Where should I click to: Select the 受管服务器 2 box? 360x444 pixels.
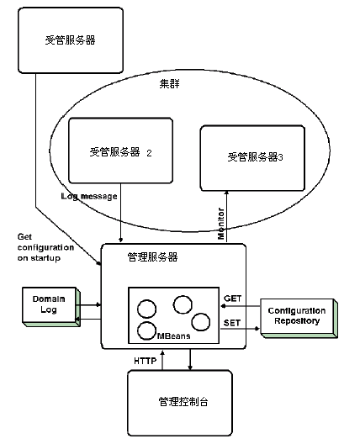click(x=120, y=152)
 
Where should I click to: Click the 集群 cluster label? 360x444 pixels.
click(x=171, y=84)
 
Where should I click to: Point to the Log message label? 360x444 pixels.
click(x=89, y=196)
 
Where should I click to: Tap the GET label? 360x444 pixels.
click(x=233, y=299)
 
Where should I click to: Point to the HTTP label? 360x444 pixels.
click(x=145, y=360)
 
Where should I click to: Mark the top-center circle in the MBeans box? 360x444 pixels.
click(x=183, y=303)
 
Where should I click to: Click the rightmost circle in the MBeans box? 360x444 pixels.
click(x=200, y=321)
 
